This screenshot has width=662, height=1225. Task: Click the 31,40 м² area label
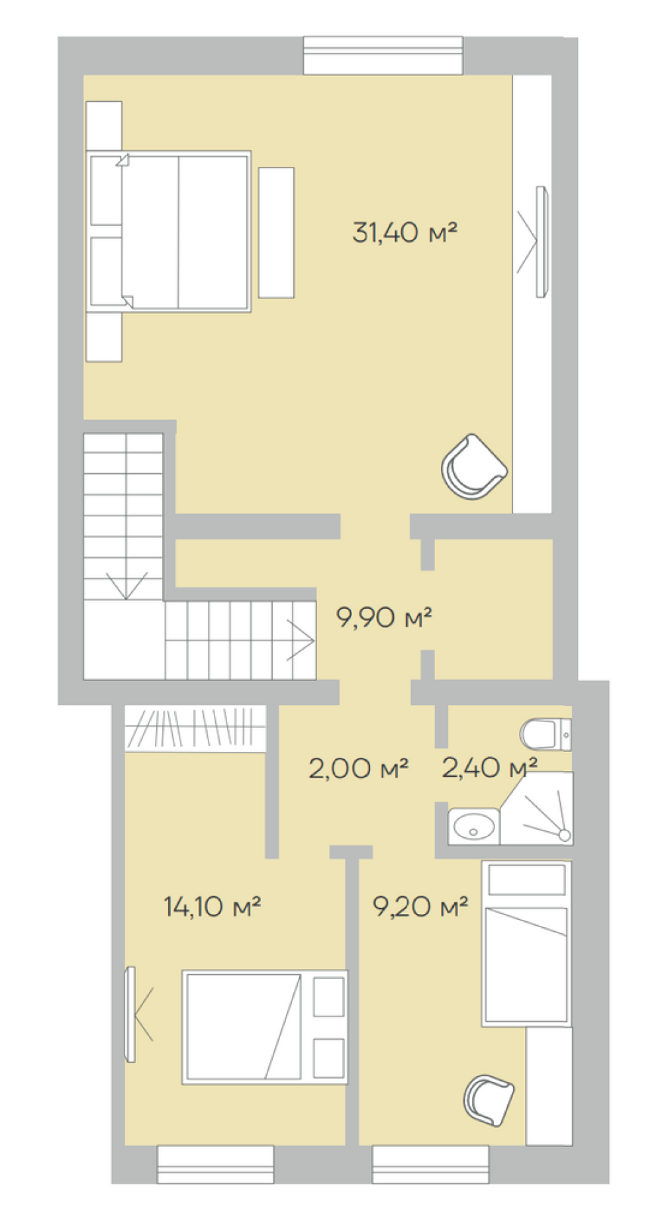click(x=404, y=232)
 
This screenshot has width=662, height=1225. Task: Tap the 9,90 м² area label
click(x=384, y=617)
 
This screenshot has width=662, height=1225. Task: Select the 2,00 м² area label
click(x=358, y=768)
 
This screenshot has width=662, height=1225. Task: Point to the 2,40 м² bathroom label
click(x=489, y=768)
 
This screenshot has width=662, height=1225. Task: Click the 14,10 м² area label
click(x=212, y=907)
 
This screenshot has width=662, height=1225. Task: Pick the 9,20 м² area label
click(x=420, y=907)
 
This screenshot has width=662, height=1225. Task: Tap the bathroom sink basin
click(x=473, y=826)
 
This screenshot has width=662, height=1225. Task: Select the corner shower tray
click(x=537, y=808)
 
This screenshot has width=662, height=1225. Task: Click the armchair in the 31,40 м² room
click(x=474, y=467)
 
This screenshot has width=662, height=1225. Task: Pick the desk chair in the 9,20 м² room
click(x=489, y=1100)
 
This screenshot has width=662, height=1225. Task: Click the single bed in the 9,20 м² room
click(x=526, y=944)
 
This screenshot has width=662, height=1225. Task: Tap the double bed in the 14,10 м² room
click(x=265, y=1027)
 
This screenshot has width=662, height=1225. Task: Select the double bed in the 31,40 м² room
click(x=169, y=232)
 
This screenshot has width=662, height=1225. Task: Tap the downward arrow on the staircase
click(x=126, y=586)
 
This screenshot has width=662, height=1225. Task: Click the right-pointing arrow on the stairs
click(x=301, y=640)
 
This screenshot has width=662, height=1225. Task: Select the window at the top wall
click(x=383, y=56)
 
